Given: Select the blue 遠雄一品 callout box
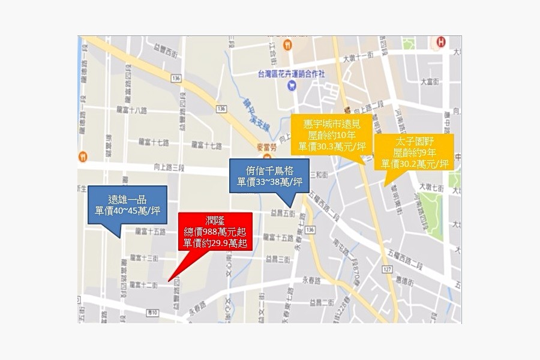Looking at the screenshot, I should click(127, 205).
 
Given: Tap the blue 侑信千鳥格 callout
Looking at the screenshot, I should click(269, 175).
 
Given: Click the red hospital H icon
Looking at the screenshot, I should click(442, 42).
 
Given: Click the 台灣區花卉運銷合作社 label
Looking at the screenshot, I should click(291, 74).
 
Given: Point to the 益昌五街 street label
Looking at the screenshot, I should click(283, 212).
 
